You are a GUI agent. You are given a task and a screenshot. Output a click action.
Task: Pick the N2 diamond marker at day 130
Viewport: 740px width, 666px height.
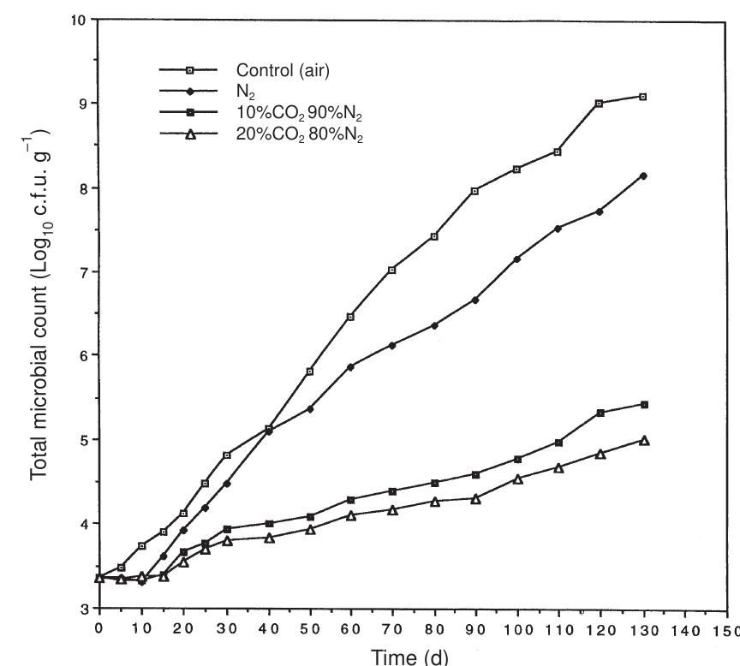point(643,175)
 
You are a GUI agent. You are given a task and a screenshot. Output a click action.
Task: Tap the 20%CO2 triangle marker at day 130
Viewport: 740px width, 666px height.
point(643,440)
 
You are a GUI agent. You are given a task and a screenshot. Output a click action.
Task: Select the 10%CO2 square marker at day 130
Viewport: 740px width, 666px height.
point(643,404)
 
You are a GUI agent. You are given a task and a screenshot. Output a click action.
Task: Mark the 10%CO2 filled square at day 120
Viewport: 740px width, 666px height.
point(600,413)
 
